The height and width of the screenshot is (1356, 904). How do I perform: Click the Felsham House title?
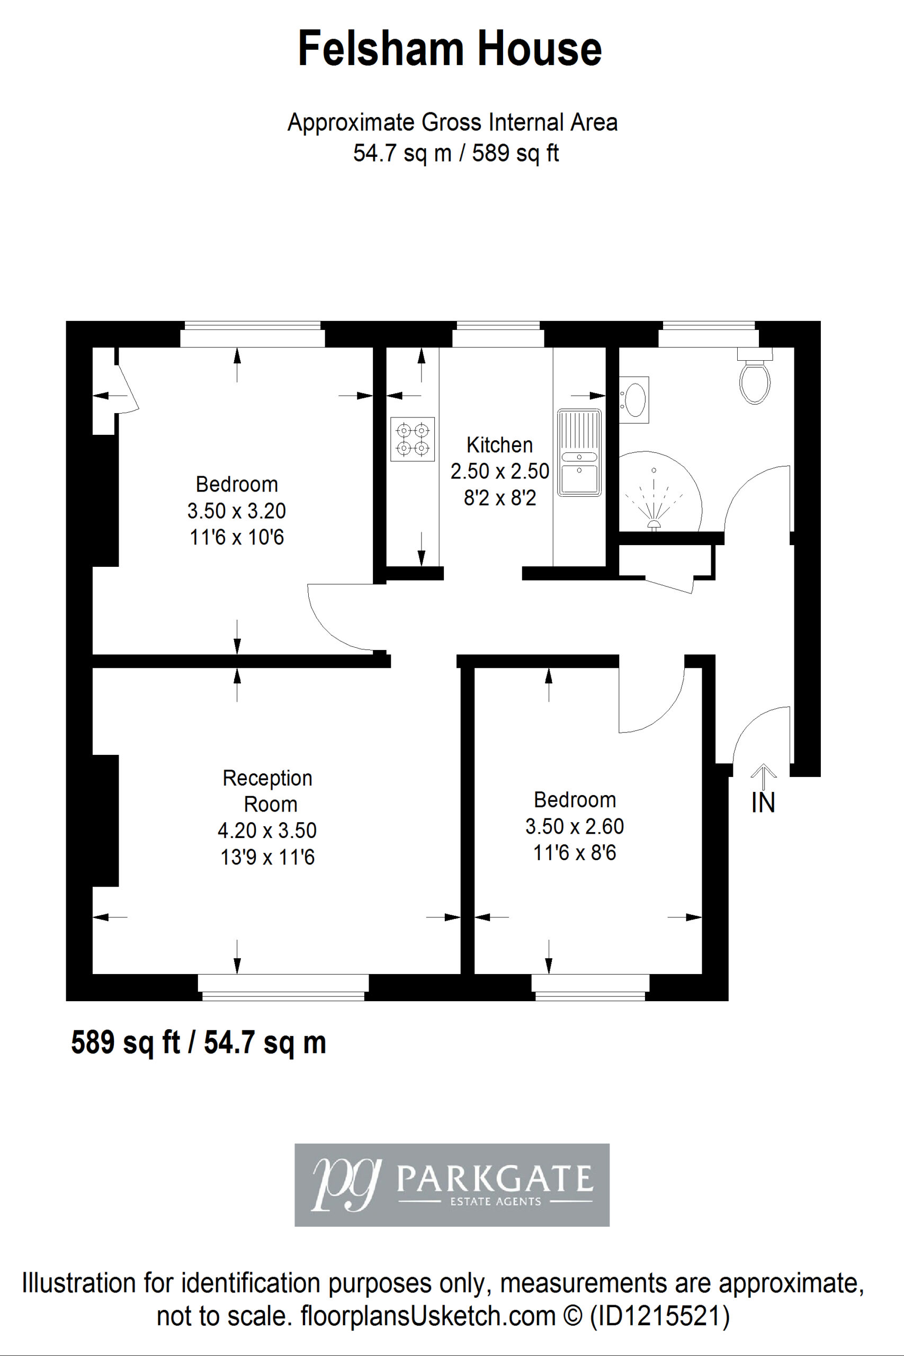click(450, 49)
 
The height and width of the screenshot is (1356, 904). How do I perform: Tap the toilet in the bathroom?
click(755, 376)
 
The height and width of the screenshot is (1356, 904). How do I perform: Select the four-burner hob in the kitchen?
click(412, 439)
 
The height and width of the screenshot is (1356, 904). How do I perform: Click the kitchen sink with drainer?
click(579, 452)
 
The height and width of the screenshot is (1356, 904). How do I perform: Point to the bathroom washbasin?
click(634, 399)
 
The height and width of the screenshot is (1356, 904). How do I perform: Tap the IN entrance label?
click(763, 803)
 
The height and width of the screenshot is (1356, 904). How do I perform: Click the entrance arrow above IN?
click(763, 777)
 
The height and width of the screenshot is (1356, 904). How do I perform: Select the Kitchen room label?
click(499, 445)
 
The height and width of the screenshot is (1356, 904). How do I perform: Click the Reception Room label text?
click(268, 791)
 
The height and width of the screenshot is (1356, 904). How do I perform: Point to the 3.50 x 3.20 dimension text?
click(236, 511)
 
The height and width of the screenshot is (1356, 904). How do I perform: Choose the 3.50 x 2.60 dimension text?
click(574, 826)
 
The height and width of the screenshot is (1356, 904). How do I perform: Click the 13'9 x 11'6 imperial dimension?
click(267, 858)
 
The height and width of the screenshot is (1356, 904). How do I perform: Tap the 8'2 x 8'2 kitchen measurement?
click(500, 497)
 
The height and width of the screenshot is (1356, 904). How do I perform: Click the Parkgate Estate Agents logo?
click(452, 1185)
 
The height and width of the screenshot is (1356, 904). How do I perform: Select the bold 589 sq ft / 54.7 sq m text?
click(198, 1042)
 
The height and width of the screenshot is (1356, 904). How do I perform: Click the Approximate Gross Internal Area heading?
click(453, 122)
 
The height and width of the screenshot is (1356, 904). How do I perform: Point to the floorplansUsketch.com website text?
click(428, 1316)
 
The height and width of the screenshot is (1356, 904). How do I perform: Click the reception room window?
click(283, 987)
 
